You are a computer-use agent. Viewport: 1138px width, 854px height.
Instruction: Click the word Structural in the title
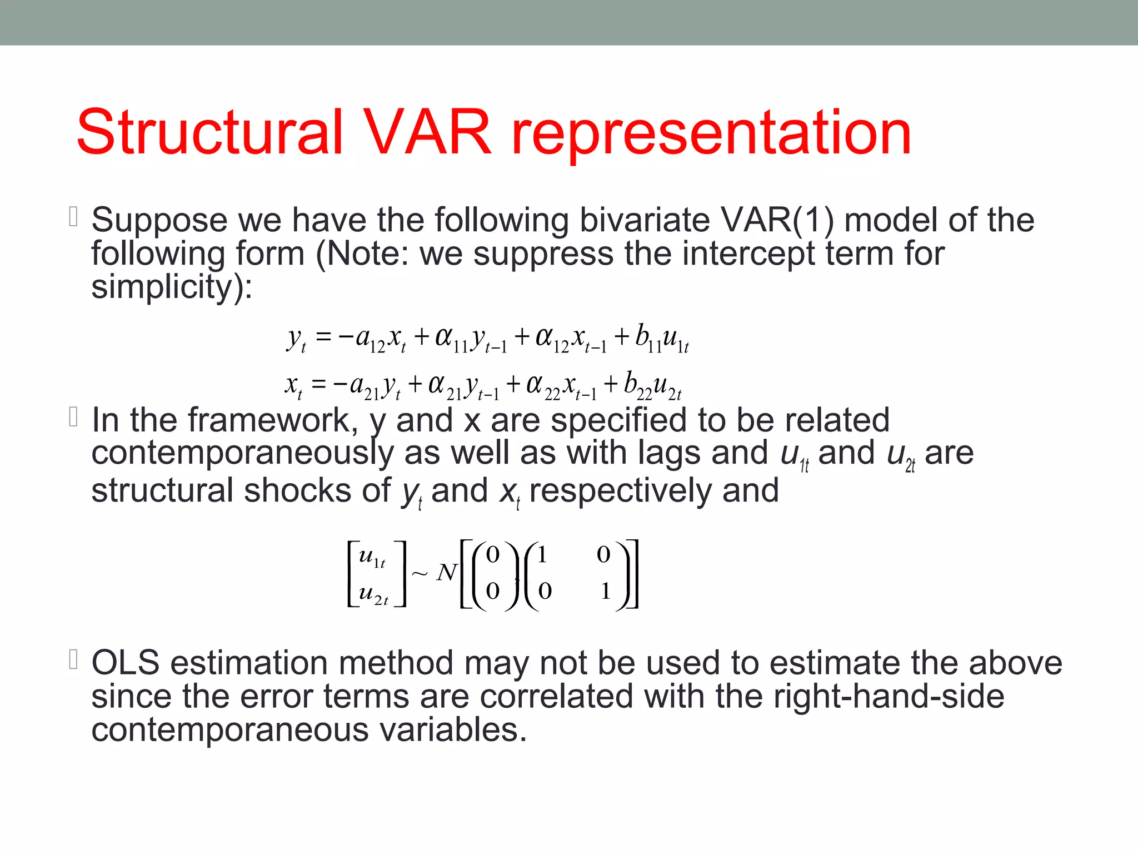pos(209,132)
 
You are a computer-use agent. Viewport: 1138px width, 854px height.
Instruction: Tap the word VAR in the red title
pos(428,132)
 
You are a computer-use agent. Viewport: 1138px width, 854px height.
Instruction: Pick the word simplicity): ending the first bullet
pos(172,287)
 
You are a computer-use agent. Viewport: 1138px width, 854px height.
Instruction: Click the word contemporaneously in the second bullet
pos(242,454)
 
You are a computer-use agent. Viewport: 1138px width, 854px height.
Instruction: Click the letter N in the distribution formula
pos(446,573)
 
